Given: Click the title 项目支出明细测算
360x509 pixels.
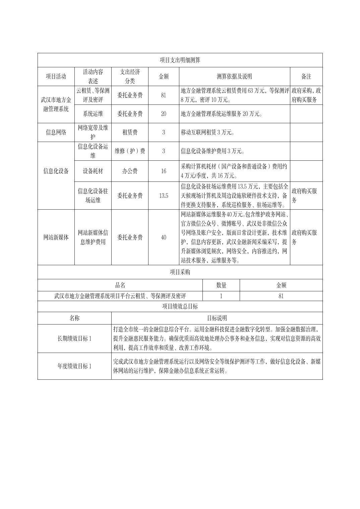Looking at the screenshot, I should pos(180,60).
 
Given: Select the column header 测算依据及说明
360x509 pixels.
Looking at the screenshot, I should pos(234,76).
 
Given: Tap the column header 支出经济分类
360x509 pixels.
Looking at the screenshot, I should pos(130,76).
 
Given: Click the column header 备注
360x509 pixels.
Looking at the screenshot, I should pos(306,76).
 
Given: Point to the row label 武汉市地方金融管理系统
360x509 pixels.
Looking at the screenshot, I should pos(56,104).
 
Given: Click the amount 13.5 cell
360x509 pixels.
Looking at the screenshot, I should pos(164,196).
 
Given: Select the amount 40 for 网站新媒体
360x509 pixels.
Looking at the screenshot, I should pos(164,237).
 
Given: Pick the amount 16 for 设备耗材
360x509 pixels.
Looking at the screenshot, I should pos(164,171).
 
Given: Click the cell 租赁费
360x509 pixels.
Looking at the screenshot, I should pos(130,132).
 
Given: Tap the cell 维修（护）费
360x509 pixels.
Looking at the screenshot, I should pos(130,151).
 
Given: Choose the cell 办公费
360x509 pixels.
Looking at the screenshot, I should pos(130,171).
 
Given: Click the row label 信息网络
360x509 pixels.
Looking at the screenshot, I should pos(56,132).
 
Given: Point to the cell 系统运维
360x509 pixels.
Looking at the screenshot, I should pos(93,114).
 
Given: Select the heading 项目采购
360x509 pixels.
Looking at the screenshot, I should pos(180,272).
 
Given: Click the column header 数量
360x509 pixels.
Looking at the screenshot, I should pos(221,285).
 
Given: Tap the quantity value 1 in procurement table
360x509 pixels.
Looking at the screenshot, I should pos(221,296).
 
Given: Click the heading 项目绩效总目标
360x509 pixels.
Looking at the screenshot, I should pos(180,306).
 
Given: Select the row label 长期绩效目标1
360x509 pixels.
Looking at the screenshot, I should pos(74,339).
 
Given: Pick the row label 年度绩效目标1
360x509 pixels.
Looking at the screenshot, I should pos(74,366).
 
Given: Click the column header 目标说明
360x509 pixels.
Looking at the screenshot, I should pos(217,318).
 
